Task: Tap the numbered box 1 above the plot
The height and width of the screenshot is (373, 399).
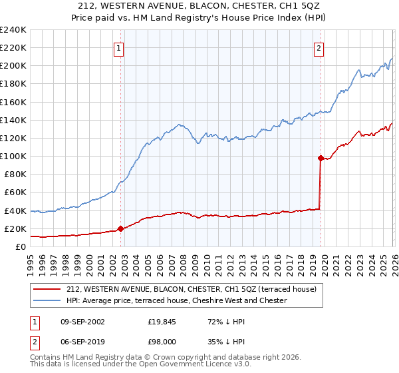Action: click(x=118, y=47)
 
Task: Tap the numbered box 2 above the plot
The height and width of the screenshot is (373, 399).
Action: click(x=319, y=47)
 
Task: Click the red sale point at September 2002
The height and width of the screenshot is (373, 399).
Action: click(x=120, y=228)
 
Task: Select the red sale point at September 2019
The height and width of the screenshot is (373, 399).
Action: click(x=321, y=158)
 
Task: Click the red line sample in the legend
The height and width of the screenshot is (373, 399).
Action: click(x=47, y=289)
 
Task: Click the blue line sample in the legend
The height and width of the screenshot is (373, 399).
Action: click(x=47, y=300)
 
